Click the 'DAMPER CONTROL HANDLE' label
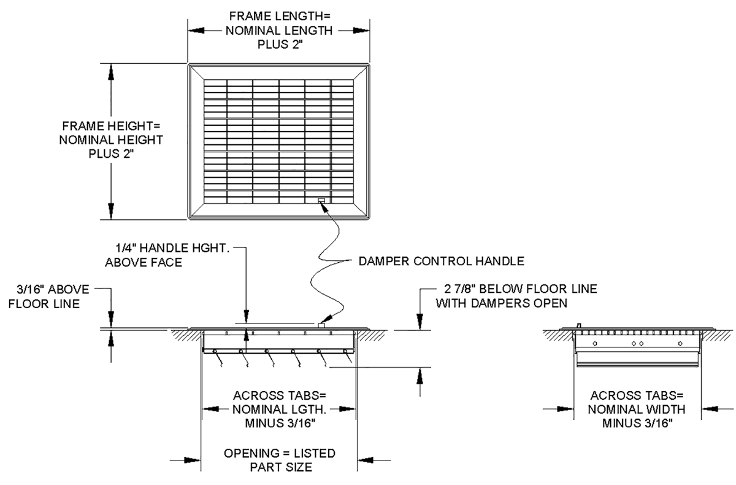tap(441, 261)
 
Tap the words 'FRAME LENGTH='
tap(280, 16)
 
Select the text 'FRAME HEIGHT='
tap(111, 126)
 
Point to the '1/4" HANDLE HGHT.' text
tap(172, 248)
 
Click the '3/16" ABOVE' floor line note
tap(53, 289)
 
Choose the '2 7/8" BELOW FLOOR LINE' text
tap(521, 289)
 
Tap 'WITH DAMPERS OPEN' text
tap(502, 303)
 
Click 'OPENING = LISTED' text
tap(280, 454)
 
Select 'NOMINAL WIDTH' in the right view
tap(637, 409)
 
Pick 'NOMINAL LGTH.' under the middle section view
tap(279, 409)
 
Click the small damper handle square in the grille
tap(321, 200)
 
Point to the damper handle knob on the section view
tap(321, 325)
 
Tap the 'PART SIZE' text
tap(281, 467)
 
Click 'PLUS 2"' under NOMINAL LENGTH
tap(280, 44)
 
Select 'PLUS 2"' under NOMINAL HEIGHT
tap(111, 153)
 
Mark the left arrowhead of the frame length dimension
tap(196, 31)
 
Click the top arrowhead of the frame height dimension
tap(111, 72)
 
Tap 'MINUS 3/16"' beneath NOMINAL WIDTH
tap(637, 423)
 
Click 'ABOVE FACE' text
tap(144, 262)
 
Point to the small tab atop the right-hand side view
tap(578, 326)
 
